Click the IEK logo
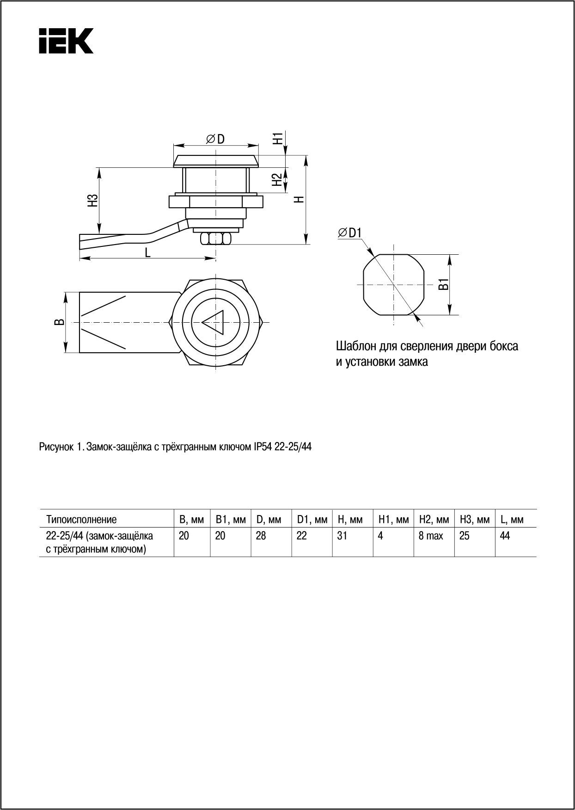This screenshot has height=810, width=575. [x=66, y=41]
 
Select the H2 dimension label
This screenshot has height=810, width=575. [x=277, y=179]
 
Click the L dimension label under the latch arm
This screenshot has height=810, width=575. [x=147, y=252]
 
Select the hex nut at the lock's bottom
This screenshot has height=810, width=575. [x=215, y=239]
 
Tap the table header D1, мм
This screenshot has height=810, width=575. [x=312, y=520]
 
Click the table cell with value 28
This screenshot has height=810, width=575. [x=261, y=536]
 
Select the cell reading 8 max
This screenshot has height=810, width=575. [x=431, y=536]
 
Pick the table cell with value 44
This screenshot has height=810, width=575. [x=505, y=536]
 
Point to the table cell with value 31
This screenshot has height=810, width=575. [x=342, y=536]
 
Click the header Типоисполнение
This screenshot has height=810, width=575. [x=81, y=520]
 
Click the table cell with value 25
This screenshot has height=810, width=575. [x=465, y=536]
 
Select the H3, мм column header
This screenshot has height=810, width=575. [x=474, y=520]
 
